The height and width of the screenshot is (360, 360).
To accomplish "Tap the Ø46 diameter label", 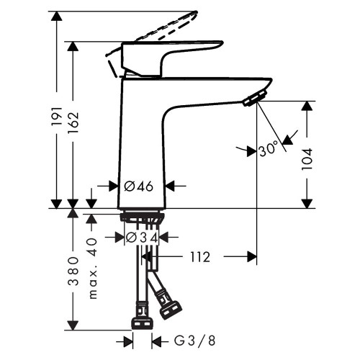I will pyautogui.click(x=139, y=186).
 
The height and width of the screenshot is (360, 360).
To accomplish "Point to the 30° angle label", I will pyautogui.click(x=267, y=150).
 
